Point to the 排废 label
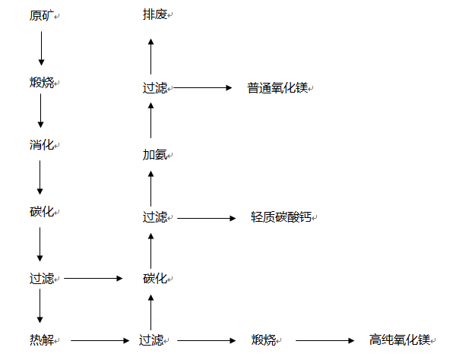click(154, 15)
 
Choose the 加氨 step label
click(154, 155)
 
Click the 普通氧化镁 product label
click(277, 88)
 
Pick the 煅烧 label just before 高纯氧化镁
click(264, 339)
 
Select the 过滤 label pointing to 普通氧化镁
click(154, 88)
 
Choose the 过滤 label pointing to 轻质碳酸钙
click(154, 217)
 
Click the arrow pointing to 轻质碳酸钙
click(207, 218)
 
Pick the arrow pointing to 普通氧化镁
click(203, 88)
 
